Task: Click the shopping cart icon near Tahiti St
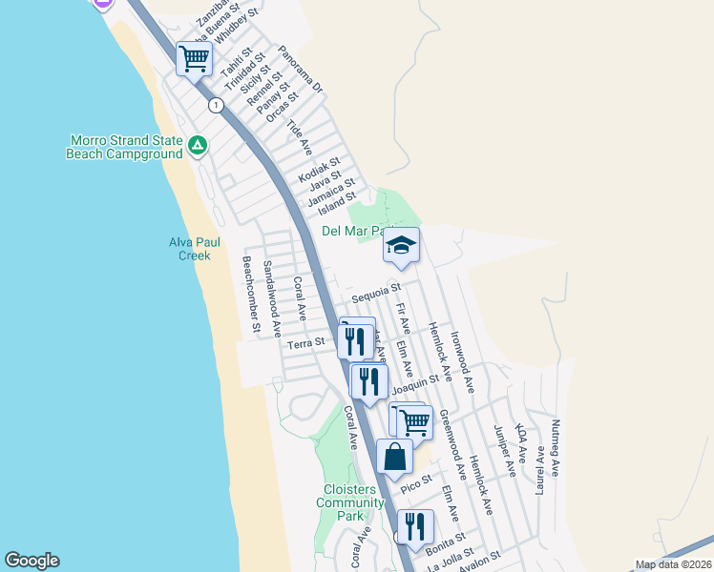pyautogui.click(x=194, y=59)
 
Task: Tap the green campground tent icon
pyautogui.click(x=197, y=146)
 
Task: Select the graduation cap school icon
pyautogui.click(x=402, y=246)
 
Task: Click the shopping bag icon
pyautogui.click(x=394, y=457)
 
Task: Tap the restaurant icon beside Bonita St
pyautogui.click(x=415, y=526)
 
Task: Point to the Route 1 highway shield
pyautogui.click(x=217, y=105)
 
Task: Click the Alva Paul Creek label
pyautogui.click(x=189, y=249)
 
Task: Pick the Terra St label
pyautogui.click(x=306, y=341)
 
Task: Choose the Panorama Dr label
pyautogui.click(x=302, y=69)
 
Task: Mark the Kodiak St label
pyautogui.click(x=319, y=171)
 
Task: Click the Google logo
pyautogui.click(x=31, y=561)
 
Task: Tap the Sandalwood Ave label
pyautogui.click(x=272, y=299)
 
